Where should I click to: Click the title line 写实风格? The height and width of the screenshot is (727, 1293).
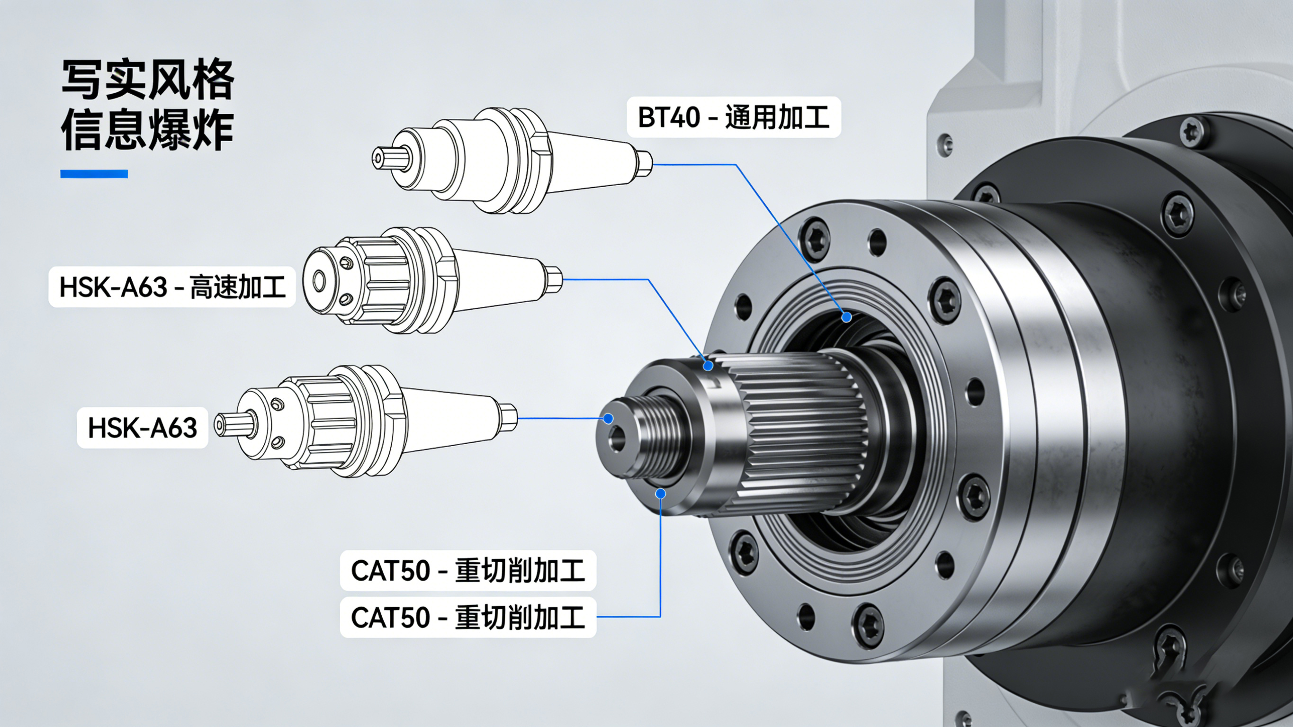(148, 81)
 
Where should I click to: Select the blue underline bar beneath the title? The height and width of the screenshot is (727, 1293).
(94, 174)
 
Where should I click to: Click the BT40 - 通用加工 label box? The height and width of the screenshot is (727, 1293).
(733, 117)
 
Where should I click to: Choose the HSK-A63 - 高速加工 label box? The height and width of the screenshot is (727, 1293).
(171, 287)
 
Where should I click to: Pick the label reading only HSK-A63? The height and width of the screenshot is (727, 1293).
(142, 428)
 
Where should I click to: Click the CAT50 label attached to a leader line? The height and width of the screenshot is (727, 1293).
(468, 617)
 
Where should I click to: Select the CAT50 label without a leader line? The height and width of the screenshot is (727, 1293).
(468, 570)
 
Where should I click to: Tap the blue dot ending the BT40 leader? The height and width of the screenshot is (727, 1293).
(847, 317)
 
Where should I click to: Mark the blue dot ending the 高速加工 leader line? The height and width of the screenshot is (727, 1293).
(708, 366)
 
